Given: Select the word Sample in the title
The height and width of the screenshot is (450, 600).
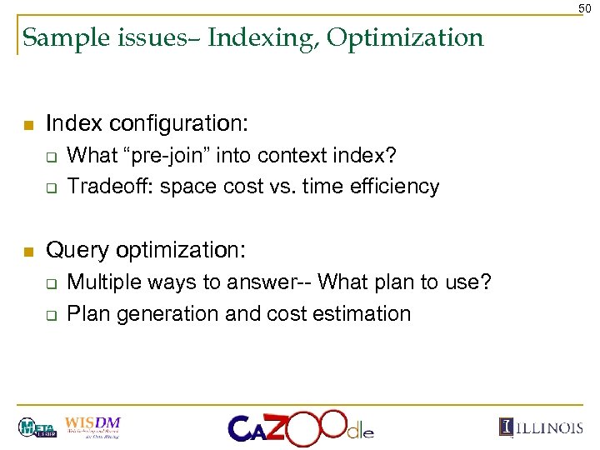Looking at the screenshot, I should tap(57, 37).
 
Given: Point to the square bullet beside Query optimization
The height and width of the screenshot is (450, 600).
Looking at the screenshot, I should tap(27, 252).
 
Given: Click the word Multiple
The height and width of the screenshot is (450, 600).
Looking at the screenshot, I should tap(102, 282).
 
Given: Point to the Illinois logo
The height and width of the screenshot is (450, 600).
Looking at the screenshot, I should tap(541, 427).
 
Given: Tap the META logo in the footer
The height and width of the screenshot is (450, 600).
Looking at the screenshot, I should tap(37, 427).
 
